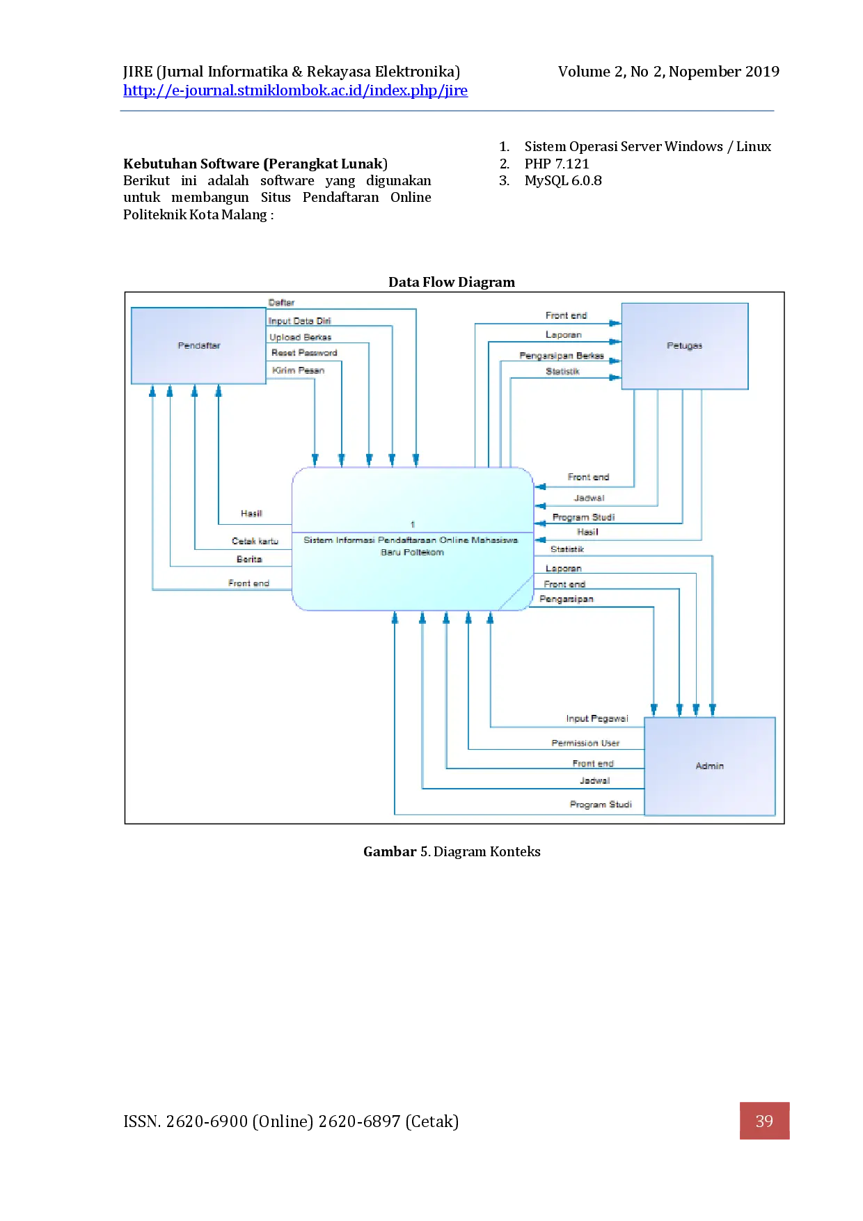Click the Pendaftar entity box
(198, 346)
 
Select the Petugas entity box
(684, 346)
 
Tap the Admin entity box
(709, 766)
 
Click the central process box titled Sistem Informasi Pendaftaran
(412, 546)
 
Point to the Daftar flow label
(281, 303)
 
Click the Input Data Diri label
(299, 321)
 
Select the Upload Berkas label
(300, 337)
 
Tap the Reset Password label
(304, 353)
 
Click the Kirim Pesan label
(298, 370)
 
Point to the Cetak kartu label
(255, 541)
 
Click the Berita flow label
(249, 559)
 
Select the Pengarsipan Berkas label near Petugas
(561, 356)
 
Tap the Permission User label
(585, 743)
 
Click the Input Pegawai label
(596, 718)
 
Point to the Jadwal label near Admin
(594, 781)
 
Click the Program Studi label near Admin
(601, 804)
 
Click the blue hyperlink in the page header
(297, 91)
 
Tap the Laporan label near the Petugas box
(563, 335)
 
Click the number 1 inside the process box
(413, 524)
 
